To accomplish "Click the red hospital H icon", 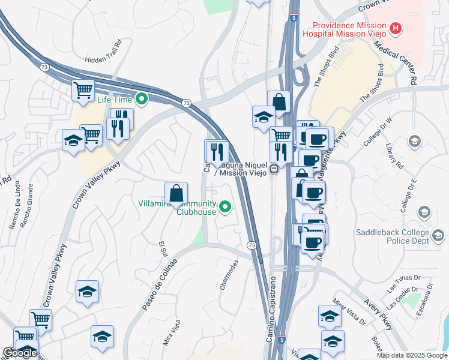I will click(x=396, y=28).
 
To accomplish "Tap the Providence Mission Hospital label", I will click(x=348, y=29).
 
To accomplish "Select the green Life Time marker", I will click(x=142, y=99).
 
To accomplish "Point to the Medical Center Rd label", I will click(x=397, y=66).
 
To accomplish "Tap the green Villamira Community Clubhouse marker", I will click(x=225, y=208).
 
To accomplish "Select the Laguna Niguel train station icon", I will click(x=274, y=169).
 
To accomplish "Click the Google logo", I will click(x=20, y=353).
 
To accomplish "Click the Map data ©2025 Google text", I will click(x=412, y=355).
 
